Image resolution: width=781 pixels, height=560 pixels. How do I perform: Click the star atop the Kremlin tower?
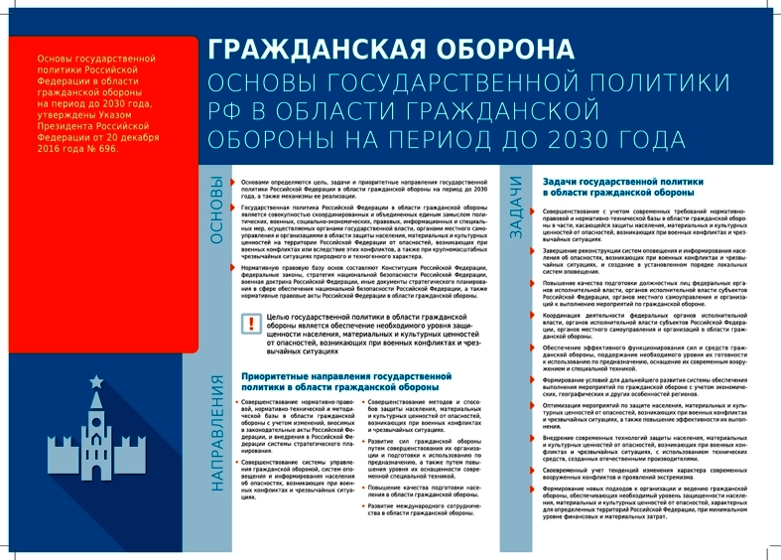pyautogui.click(x=96, y=381)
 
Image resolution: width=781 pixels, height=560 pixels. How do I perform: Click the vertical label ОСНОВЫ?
pyautogui.click(x=216, y=210)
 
